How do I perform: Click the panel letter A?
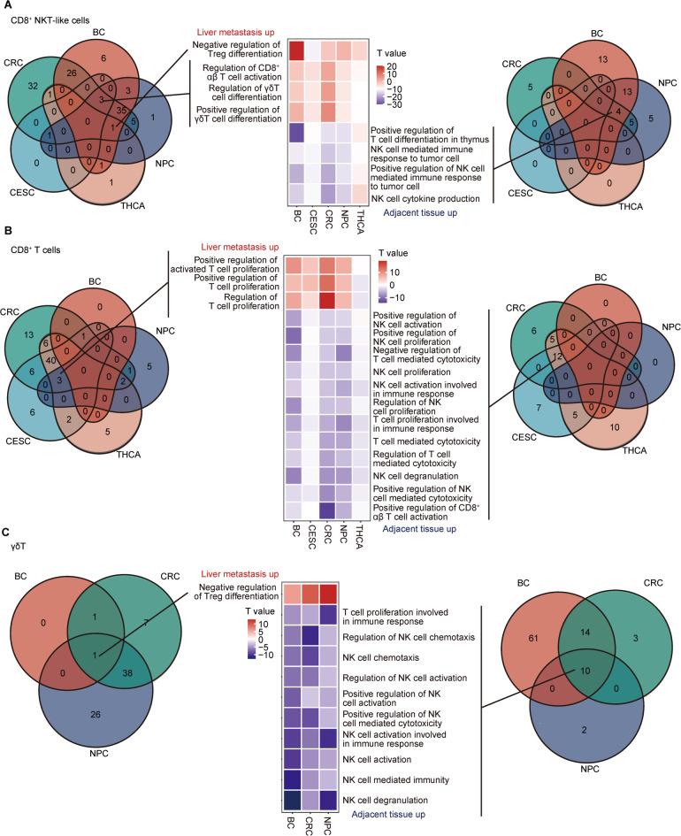[x=6, y=6]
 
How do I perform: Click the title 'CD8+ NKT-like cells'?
[x=45, y=19]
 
